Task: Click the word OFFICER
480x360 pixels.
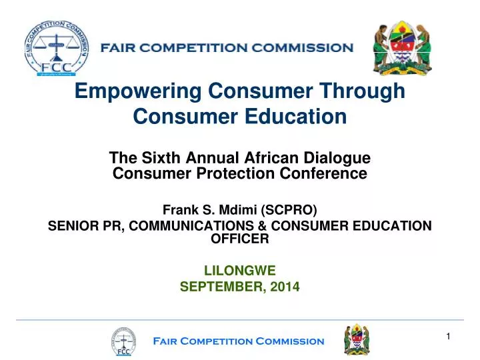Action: pyautogui.click(x=240, y=240)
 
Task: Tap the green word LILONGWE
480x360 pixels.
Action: pyautogui.click(x=239, y=271)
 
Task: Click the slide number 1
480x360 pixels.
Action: pyautogui.click(x=449, y=336)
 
